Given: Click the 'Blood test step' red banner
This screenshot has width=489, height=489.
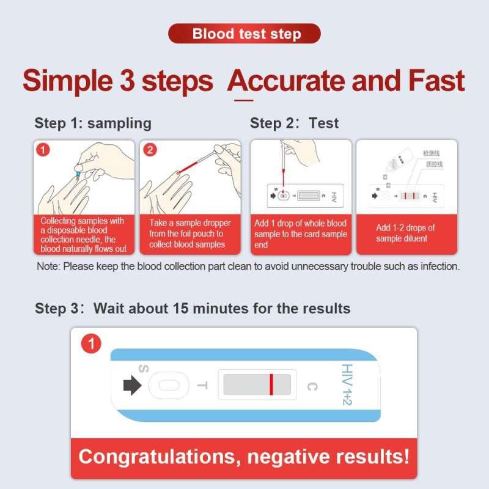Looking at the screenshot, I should (x=244, y=34).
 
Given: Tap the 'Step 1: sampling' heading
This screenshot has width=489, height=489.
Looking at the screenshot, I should (x=93, y=123).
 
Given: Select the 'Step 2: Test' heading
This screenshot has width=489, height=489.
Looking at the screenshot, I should (x=294, y=123).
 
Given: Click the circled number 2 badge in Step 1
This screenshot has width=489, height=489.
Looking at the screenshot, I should (x=149, y=150).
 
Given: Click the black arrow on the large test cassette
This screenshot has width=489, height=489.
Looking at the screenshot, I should (x=132, y=385).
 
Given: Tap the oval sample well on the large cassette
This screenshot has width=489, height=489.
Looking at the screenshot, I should (x=166, y=386).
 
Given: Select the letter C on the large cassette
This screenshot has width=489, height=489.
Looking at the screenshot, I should (x=311, y=386).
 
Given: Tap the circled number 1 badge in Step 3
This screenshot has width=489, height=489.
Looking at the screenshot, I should (x=91, y=344).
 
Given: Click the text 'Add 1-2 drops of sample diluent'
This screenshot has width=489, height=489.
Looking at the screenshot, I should (x=406, y=233).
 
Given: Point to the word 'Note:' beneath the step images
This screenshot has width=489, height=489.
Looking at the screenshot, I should (x=48, y=267).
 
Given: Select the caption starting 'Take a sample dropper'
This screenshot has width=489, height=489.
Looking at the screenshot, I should (x=190, y=233).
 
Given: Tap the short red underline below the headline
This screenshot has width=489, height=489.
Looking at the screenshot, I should (x=244, y=99).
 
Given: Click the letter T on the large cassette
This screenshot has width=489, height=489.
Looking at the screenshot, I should (x=203, y=386).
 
